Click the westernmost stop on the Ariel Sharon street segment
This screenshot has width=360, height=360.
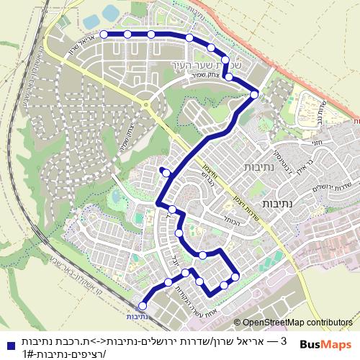104,34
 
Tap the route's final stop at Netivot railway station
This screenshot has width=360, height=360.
142,306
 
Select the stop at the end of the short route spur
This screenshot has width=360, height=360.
166,172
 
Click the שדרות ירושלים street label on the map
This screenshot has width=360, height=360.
316,184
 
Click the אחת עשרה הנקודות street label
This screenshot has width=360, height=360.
204,302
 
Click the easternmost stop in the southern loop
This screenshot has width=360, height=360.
235,277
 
